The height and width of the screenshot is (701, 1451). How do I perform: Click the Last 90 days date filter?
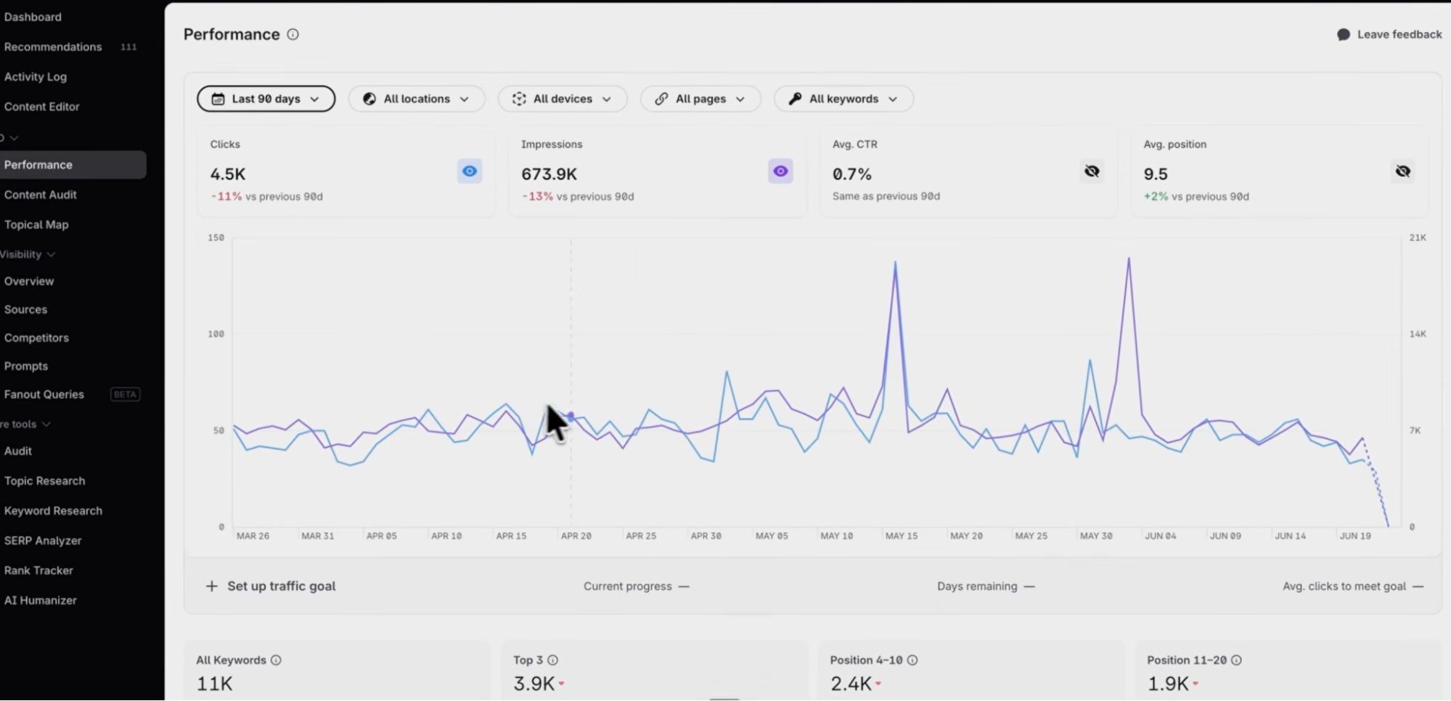pos(266,99)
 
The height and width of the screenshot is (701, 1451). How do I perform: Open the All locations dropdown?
pos(416,99)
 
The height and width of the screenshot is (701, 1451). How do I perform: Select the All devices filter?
pos(562,99)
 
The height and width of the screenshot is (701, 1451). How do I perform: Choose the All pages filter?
pos(700,99)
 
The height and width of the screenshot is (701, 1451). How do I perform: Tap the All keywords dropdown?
pos(843,99)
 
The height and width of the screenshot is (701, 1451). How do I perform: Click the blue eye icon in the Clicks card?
pos(470,171)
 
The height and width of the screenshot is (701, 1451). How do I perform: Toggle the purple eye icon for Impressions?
pos(780,171)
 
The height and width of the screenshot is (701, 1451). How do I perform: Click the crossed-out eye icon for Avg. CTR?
pos(1092,171)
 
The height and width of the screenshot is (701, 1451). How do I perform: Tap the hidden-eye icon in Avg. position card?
pos(1402,171)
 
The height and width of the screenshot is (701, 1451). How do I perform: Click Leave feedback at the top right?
pos(1389,34)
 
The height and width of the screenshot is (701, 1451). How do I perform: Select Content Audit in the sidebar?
pos(41,194)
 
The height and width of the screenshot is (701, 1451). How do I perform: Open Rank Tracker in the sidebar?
pos(38,570)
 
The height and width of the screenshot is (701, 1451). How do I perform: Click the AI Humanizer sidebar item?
pos(41,600)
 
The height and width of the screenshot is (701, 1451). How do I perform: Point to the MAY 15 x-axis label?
pos(902,536)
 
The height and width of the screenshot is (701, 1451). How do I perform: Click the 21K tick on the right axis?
pos(1418,237)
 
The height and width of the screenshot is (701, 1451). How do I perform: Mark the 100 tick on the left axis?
pos(216,334)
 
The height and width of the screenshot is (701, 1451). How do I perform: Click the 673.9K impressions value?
pos(549,174)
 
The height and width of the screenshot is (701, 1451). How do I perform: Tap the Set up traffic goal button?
pos(271,586)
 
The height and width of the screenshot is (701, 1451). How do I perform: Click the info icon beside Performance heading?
pos(293,34)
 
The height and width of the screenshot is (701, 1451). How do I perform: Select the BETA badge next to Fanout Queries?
pos(125,394)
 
